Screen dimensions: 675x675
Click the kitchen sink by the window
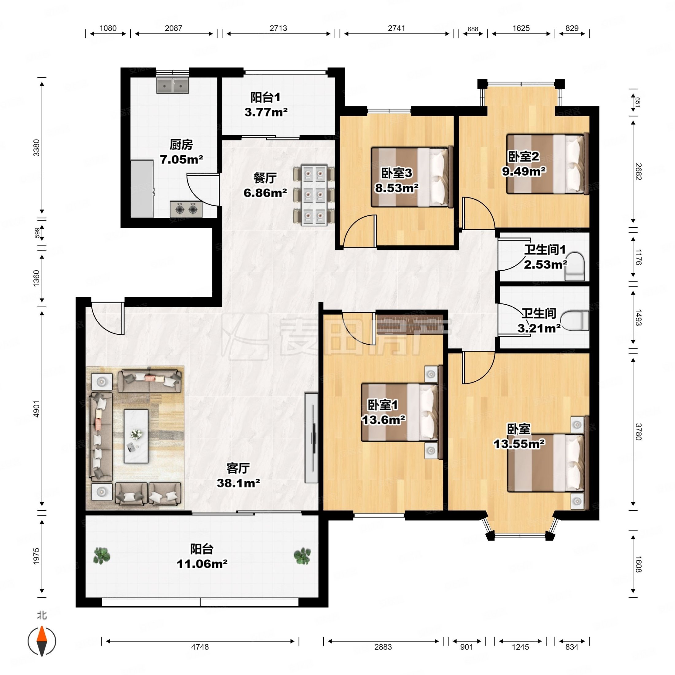[173, 85]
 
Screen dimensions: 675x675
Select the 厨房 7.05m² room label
[181, 152]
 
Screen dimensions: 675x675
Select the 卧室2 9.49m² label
[524, 164]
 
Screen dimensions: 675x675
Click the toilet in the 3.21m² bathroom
[574, 321]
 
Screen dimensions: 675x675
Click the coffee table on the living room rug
[136, 436]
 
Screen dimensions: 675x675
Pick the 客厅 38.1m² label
[238, 475]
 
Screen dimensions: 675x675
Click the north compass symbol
[42, 641]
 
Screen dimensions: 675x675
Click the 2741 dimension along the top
[396, 28]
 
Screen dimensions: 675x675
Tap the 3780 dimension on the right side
[638, 431]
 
